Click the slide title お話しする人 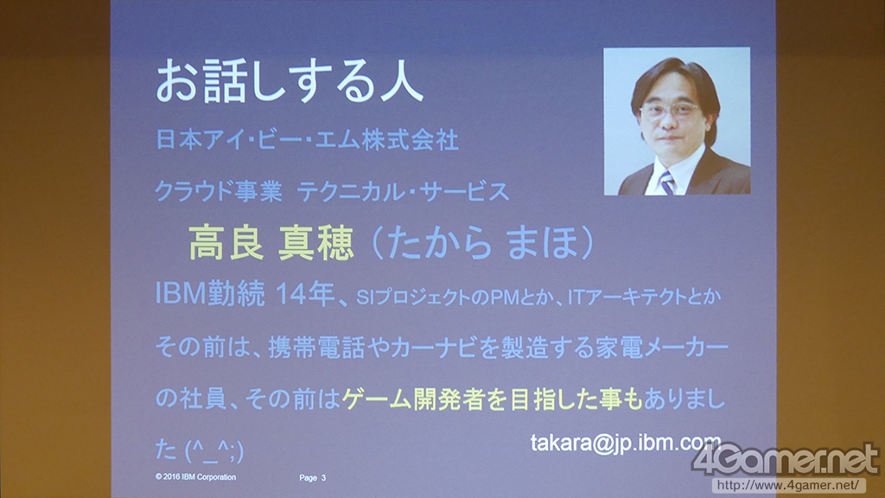[290, 83]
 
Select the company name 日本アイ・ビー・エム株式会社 [307, 140]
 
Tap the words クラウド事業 [219, 191]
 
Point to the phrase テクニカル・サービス [403, 192]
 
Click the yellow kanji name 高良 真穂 [271, 243]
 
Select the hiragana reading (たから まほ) [483, 243]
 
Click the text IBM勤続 [210, 294]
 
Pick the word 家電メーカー [662, 348]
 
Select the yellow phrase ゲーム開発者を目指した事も [492, 399]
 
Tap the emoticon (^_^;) [214, 450]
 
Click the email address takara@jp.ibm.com [626, 443]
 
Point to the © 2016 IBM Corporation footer [196, 477]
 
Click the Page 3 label [312, 477]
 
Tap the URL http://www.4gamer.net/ [789, 485]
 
